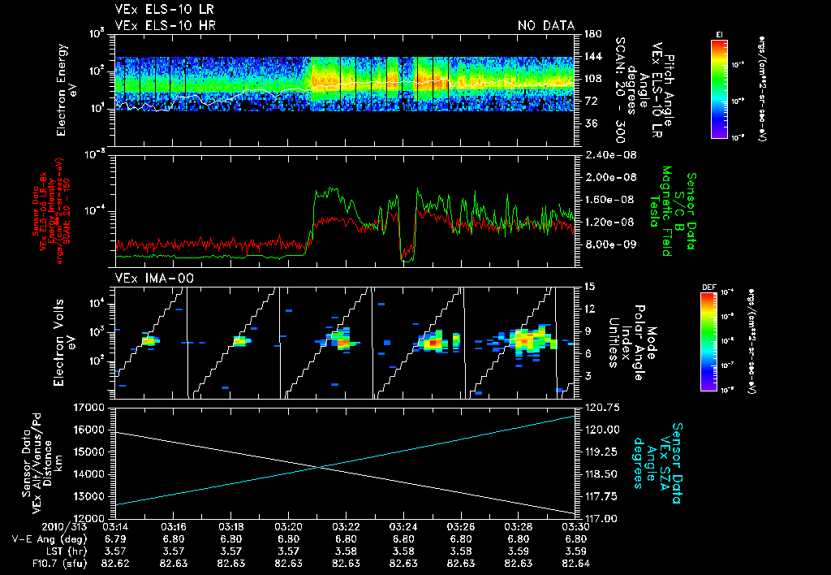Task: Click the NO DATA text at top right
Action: [x=546, y=26]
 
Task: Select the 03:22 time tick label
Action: [x=347, y=526]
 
